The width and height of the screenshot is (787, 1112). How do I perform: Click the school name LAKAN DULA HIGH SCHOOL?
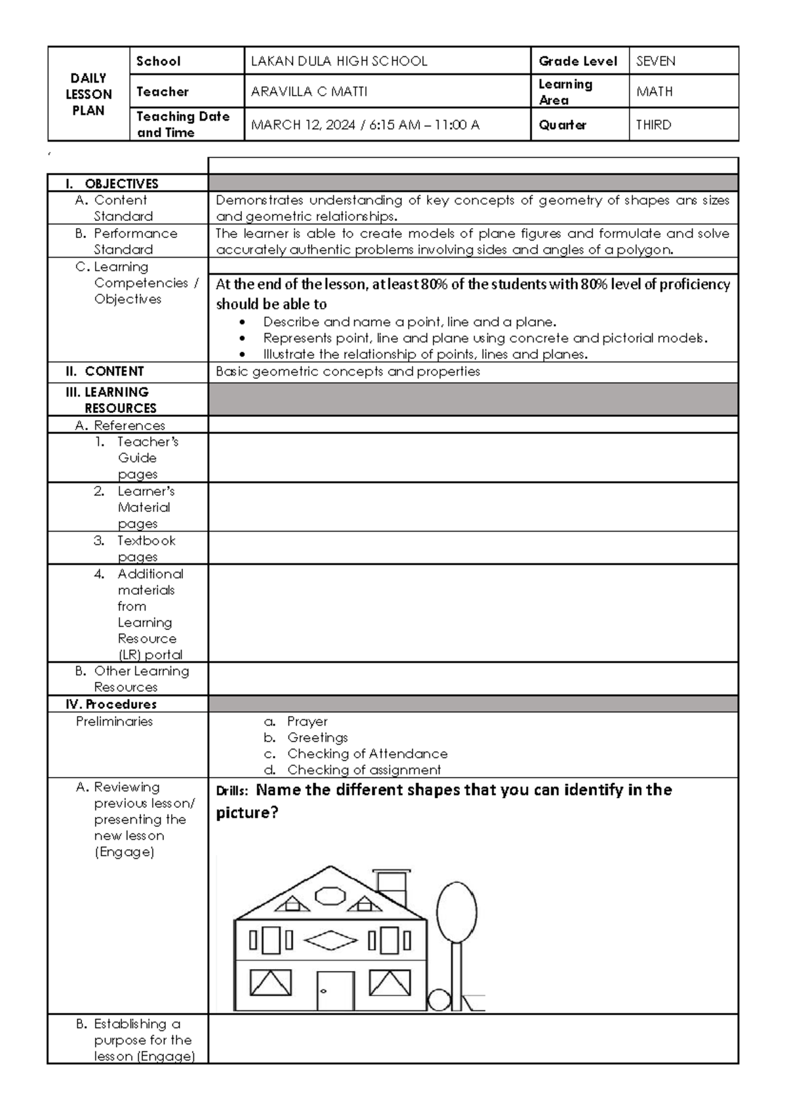click(x=339, y=62)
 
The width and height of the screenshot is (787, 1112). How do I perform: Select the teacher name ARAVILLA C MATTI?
click(x=309, y=92)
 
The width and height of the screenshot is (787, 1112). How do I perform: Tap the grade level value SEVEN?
click(x=655, y=62)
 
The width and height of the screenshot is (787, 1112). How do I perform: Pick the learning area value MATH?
click(x=654, y=92)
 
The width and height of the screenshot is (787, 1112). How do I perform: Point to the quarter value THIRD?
click(x=653, y=125)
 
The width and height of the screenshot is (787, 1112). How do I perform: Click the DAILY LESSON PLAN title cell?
click(x=89, y=94)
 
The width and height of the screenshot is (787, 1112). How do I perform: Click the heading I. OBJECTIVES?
click(x=112, y=184)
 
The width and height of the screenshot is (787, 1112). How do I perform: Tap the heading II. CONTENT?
click(x=104, y=372)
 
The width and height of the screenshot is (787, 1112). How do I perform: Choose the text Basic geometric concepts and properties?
click(x=348, y=372)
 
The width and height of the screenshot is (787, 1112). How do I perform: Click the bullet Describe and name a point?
click(x=409, y=322)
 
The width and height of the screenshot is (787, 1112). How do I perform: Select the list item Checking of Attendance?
click(x=367, y=754)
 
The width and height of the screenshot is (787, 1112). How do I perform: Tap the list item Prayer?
click(x=307, y=722)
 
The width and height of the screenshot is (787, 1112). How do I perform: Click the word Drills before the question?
click(x=232, y=791)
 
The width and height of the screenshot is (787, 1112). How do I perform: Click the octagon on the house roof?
click(x=330, y=896)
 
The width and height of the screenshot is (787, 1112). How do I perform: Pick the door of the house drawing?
click(x=335, y=991)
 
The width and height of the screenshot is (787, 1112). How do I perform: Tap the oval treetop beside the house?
click(x=456, y=912)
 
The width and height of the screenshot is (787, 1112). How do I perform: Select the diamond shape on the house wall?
click(x=331, y=941)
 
